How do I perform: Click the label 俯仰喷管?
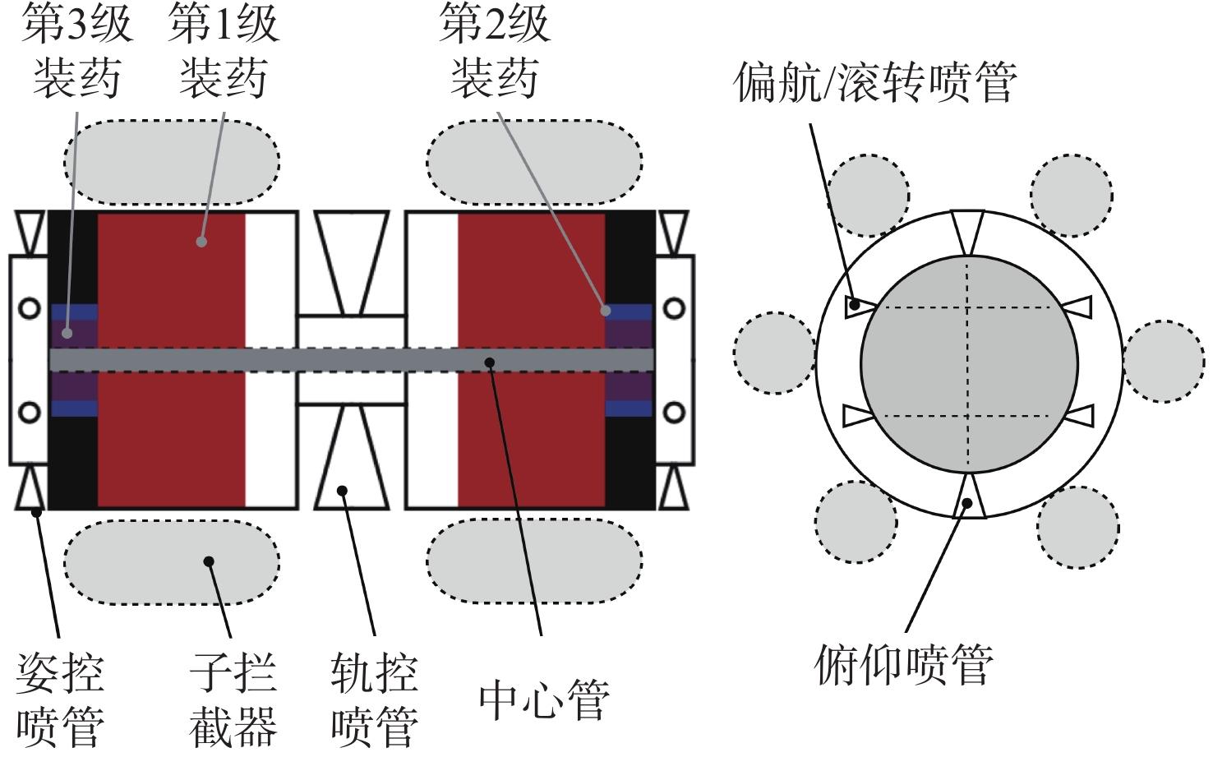tap(904, 664)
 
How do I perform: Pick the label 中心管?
tap(545, 700)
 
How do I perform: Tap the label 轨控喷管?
tap(375, 699)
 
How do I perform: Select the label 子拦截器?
tap(233, 699)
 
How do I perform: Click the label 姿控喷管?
tap(60, 699)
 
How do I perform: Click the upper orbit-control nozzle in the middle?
tap(352, 262)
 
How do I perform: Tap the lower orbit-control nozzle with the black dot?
tap(352, 457)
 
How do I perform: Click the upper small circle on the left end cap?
tap(30, 309)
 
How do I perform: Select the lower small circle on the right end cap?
tap(674, 413)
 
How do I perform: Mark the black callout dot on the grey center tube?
tap(490, 362)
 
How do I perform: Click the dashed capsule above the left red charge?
tap(172, 162)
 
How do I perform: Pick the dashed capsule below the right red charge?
tap(534, 561)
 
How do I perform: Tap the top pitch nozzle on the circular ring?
tap(968, 233)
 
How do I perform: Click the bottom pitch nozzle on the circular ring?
tap(969, 496)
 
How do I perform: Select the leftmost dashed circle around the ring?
tap(774, 353)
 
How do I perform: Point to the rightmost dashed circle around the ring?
tap(1165, 361)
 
